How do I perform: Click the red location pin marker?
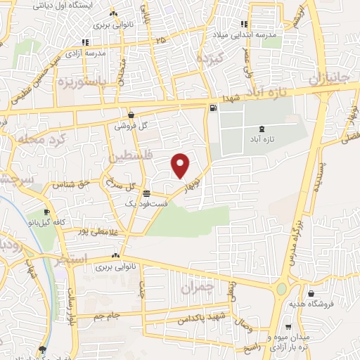[181, 165]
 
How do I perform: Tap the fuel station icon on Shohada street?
[212, 108]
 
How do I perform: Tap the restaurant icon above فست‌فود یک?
[146, 193]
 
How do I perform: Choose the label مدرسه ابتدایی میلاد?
[245, 35]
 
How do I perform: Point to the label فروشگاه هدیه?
[309, 304]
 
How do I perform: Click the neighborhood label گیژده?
[209, 57]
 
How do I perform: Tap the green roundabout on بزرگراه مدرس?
[283, 288]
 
